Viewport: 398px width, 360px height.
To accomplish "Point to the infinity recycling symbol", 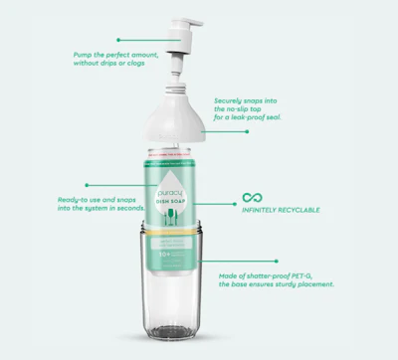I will pos(253,198).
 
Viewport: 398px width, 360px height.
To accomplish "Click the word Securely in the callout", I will pos(231,100).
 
